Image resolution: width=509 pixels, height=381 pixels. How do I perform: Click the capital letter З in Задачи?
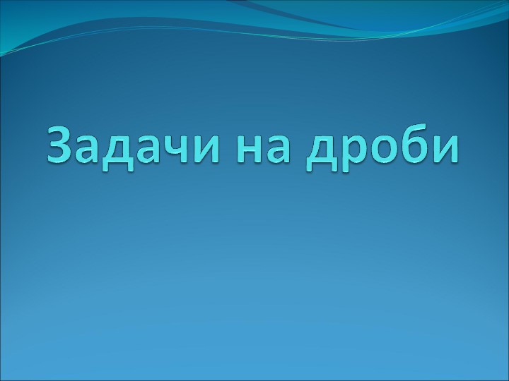tap(62, 144)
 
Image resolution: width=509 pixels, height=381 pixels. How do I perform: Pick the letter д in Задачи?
tap(122, 150)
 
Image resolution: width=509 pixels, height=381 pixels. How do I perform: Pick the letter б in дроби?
tap(414, 145)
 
